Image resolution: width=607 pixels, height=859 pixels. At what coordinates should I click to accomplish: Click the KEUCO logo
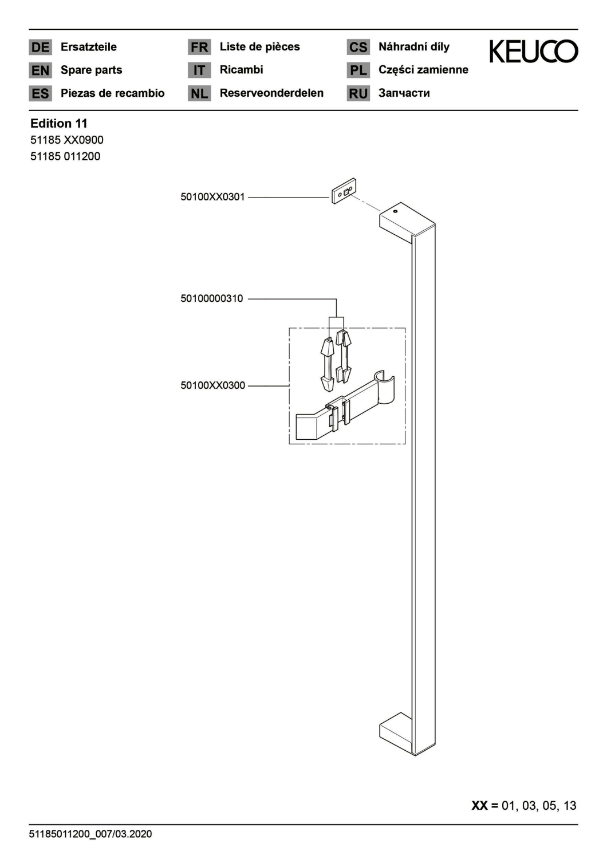click(x=533, y=52)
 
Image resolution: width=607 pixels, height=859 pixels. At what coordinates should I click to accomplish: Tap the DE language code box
click(x=40, y=47)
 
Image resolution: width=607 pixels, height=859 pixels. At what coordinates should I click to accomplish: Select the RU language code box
click(x=358, y=93)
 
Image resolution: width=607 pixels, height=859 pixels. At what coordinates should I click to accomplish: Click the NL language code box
click(x=199, y=93)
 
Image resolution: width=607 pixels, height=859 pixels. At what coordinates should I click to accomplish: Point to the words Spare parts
click(x=91, y=70)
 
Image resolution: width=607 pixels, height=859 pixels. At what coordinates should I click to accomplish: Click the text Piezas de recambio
click(x=112, y=93)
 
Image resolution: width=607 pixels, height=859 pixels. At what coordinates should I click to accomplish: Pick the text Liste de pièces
click(x=259, y=47)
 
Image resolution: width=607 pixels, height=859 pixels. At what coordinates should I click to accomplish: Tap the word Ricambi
click(x=241, y=70)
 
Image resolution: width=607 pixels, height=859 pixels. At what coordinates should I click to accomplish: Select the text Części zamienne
click(x=423, y=70)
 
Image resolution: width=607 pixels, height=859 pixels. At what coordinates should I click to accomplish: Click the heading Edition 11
click(x=58, y=124)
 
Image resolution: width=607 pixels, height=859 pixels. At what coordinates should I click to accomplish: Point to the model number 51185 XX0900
click(x=67, y=140)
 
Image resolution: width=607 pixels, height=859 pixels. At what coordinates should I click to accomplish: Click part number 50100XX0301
click(x=212, y=197)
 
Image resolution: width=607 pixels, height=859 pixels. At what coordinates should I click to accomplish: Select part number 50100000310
click(x=212, y=298)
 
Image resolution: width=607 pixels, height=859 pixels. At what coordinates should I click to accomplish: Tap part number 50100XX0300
click(x=212, y=385)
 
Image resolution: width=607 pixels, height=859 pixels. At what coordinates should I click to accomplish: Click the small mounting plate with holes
click(x=344, y=191)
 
